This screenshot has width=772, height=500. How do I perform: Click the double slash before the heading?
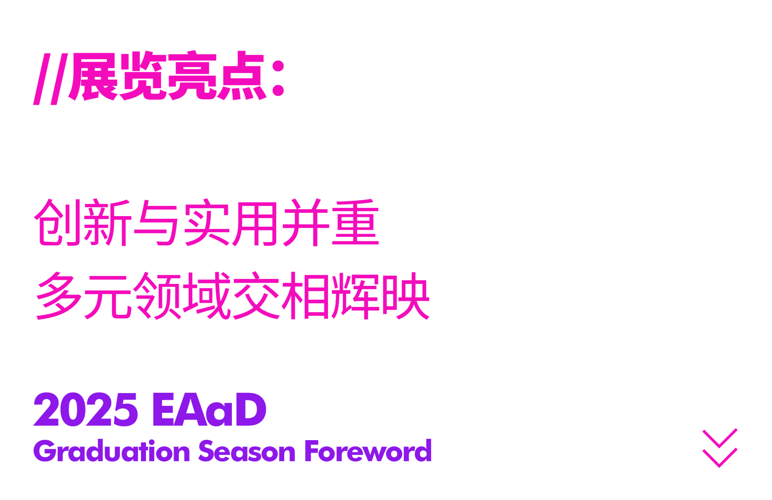click(x=51, y=79)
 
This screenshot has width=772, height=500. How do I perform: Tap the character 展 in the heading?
click(x=93, y=76)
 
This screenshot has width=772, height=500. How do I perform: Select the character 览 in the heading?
click(x=143, y=76)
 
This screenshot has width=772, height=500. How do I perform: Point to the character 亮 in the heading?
click(x=193, y=76)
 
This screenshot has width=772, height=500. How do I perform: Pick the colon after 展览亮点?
click(x=278, y=78)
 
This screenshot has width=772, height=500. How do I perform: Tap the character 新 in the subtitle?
click(x=107, y=222)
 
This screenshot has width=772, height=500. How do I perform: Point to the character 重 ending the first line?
click(x=355, y=222)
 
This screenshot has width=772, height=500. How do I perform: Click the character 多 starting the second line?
click(x=59, y=296)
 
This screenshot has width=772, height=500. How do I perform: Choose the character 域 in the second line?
click(x=207, y=296)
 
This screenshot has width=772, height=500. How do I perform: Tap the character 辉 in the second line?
click(x=355, y=296)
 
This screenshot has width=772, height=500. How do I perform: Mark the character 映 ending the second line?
click(x=406, y=296)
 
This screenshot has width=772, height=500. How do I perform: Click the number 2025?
click(x=86, y=410)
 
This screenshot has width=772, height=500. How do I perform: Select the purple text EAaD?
click(x=209, y=410)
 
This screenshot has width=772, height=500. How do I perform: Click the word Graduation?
click(x=112, y=451)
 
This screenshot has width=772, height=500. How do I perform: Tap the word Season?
click(x=247, y=451)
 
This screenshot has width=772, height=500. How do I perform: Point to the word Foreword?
click(x=368, y=451)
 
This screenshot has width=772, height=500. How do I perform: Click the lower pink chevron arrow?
click(x=720, y=458)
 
